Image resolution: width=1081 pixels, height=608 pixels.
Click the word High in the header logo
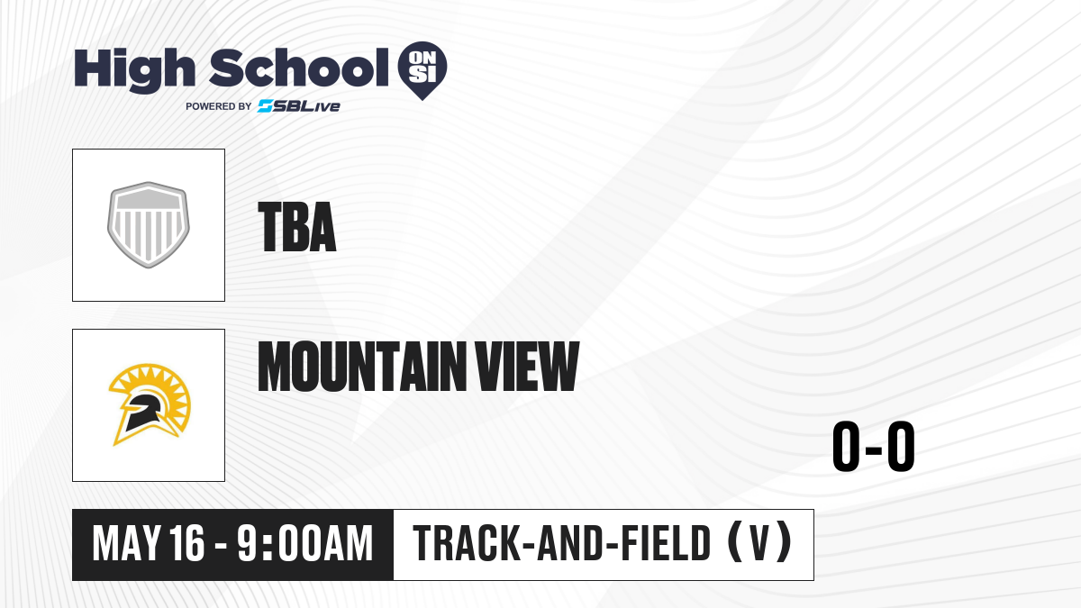[134, 70]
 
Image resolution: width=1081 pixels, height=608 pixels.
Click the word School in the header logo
[299, 68]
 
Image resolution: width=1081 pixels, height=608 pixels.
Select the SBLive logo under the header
[299, 106]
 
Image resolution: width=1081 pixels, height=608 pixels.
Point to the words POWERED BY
[219, 106]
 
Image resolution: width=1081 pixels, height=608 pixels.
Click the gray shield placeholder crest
[148, 225]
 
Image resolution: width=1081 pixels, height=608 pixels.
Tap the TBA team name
[296, 227]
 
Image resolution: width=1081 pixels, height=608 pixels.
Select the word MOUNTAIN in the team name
[362, 367]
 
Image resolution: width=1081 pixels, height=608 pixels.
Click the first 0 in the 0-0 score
[846, 447]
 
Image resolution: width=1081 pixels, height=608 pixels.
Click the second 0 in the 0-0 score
[901, 447]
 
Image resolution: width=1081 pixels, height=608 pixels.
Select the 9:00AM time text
[305, 544]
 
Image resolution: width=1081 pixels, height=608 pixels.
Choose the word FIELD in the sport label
[666, 543]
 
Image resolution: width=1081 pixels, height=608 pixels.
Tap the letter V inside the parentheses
[759, 543]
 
